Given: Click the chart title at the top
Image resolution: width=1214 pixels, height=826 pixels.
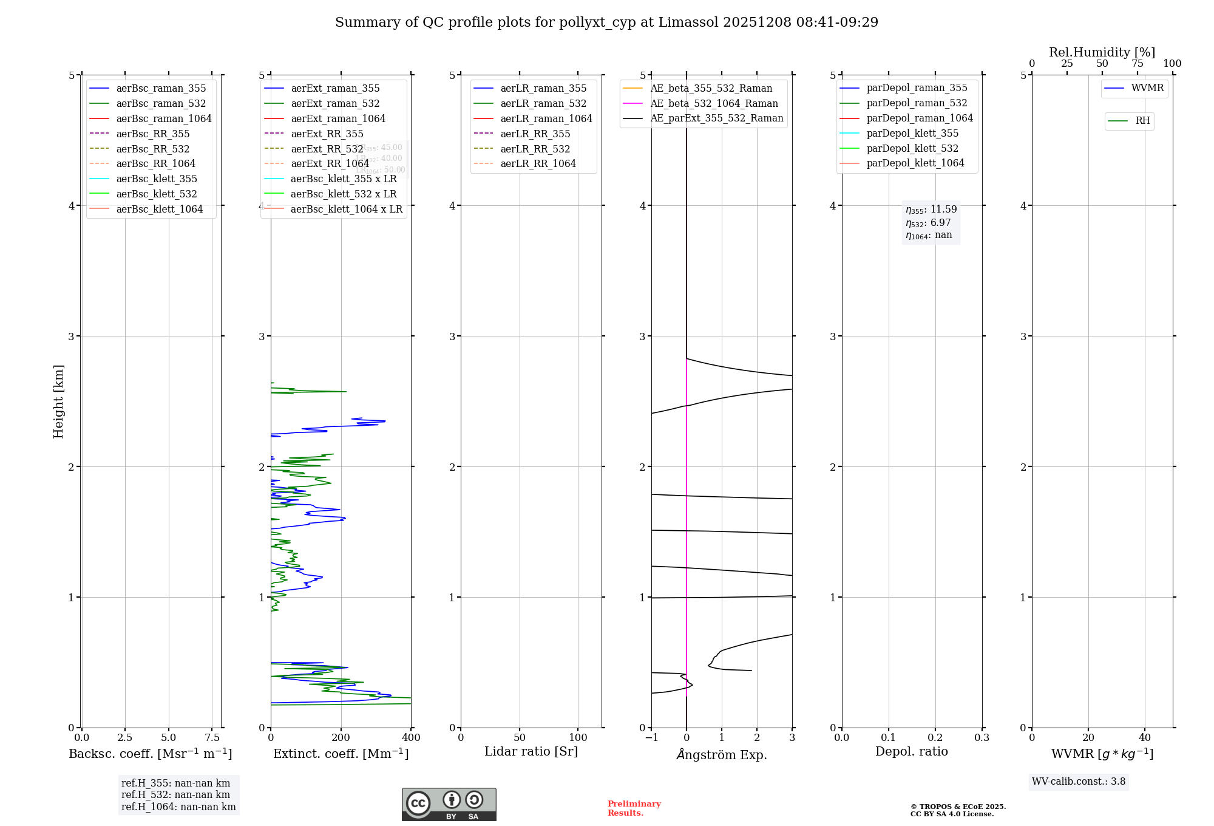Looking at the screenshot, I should tap(606, 22).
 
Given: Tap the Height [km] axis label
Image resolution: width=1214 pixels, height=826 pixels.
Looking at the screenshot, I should tap(58, 401).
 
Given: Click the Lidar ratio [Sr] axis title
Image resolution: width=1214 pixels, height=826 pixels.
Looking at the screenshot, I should tap(531, 751).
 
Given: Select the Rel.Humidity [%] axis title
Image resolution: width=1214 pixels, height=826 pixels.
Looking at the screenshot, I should tap(1102, 52).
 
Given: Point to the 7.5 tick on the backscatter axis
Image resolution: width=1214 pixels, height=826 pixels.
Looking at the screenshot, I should tap(212, 737).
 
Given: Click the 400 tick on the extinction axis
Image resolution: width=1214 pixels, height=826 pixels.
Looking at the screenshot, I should tap(411, 737).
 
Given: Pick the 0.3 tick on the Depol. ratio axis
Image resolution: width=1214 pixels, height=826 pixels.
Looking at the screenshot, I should tap(982, 737).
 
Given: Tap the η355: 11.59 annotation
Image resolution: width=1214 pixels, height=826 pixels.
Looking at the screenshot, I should tap(931, 210).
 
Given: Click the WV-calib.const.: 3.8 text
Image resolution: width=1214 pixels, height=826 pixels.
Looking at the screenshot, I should tap(1079, 782).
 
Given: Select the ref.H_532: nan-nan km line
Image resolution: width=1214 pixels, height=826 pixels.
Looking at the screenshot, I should tap(175, 794).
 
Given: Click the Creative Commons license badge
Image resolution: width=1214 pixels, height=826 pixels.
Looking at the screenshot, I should tap(449, 804).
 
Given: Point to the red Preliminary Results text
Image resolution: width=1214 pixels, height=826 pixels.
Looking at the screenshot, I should tap(634, 808).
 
